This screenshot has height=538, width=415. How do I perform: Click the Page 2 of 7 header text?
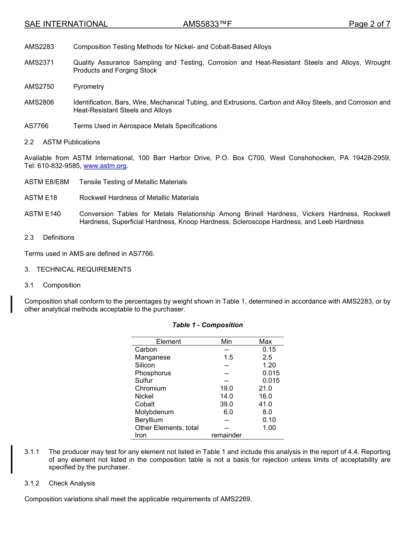pos(369,24)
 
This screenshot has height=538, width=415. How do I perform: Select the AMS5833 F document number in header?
pos(207,24)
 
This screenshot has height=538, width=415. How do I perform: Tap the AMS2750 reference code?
pos(39,87)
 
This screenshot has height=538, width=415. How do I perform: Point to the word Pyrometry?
pos(89,87)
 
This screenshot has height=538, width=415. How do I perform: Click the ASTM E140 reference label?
pos(43,214)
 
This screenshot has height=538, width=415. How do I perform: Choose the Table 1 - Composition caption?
pos(207,325)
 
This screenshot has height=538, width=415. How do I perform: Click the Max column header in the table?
pos(265,342)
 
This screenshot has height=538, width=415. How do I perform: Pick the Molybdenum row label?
pos(154,412)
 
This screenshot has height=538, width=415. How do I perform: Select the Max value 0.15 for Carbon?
pos(269,349)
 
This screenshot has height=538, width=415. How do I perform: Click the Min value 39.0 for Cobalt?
pos(227,404)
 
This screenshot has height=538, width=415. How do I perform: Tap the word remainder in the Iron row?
pos(226,435)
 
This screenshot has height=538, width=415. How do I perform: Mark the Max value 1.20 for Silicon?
pos(269,365)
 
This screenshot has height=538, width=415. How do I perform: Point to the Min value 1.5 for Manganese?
pos(228,357)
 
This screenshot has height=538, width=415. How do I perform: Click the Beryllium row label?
pos(149,420)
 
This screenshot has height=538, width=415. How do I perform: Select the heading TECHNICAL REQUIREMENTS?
pos(84,269)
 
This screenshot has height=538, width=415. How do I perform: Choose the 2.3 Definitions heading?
pos(49,238)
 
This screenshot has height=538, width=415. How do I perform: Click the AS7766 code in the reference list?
pos(37,126)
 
